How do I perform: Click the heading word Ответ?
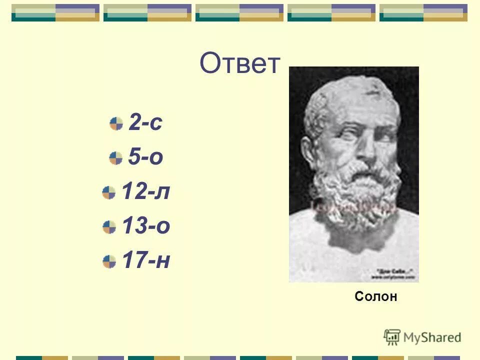pyautogui.click(x=239, y=64)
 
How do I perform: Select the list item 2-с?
pyautogui.click(x=145, y=123)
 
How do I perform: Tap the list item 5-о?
pyautogui.click(x=145, y=157)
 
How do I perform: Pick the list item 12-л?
pyautogui.click(x=146, y=192)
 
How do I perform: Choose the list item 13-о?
pyautogui.click(x=146, y=226)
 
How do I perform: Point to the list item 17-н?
pyautogui.click(x=146, y=260)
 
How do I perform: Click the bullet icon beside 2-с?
pyautogui.click(x=116, y=123)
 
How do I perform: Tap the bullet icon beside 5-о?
pyautogui.click(x=116, y=158)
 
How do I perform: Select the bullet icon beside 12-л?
pyautogui.click(x=109, y=192)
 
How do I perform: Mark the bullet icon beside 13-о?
pyautogui.click(x=109, y=227)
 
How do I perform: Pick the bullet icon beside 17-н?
pyautogui.click(x=109, y=261)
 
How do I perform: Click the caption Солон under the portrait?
pyautogui.click(x=375, y=296)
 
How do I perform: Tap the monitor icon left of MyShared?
pyautogui.click(x=392, y=337)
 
